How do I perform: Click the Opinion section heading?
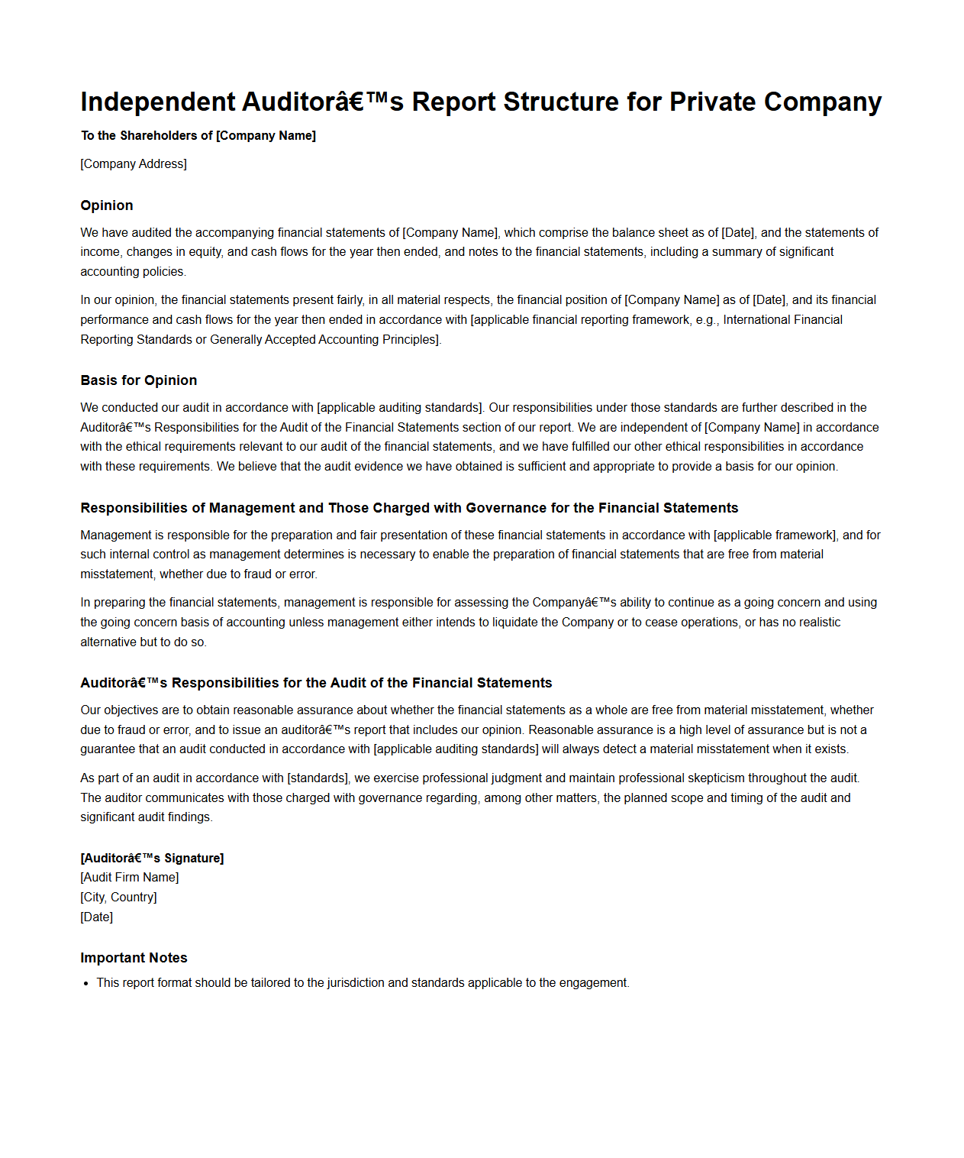(x=107, y=205)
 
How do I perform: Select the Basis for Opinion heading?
(x=138, y=380)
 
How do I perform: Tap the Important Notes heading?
(x=134, y=958)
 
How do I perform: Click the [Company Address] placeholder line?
(x=134, y=164)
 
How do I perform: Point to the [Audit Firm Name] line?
(x=130, y=878)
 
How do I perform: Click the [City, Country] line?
(x=118, y=898)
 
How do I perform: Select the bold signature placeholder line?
(x=152, y=859)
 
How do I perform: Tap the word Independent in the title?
(x=158, y=102)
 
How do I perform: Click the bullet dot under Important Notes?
(x=87, y=984)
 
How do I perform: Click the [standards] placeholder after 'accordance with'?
(x=318, y=778)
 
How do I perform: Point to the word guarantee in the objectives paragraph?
(x=108, y=749)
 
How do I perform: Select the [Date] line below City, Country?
(x=97, y=917)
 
